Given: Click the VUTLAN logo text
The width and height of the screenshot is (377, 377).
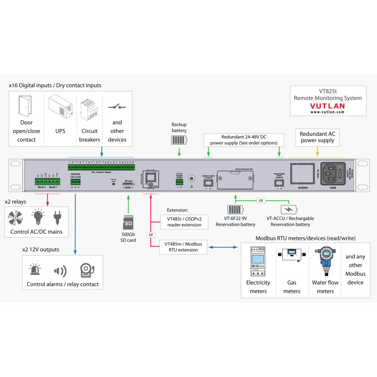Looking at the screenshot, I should [x=328, y=107].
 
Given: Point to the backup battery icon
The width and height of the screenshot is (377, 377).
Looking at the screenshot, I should [x=179, y=140].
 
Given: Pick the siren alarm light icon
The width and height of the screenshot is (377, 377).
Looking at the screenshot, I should [x=36, y=270].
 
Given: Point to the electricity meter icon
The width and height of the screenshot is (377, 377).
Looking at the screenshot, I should [x=258, y=262].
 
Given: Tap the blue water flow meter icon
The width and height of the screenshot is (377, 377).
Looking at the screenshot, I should [x=325, y=262].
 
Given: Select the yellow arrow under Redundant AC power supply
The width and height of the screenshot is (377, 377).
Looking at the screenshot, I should [x=317, y=151].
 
